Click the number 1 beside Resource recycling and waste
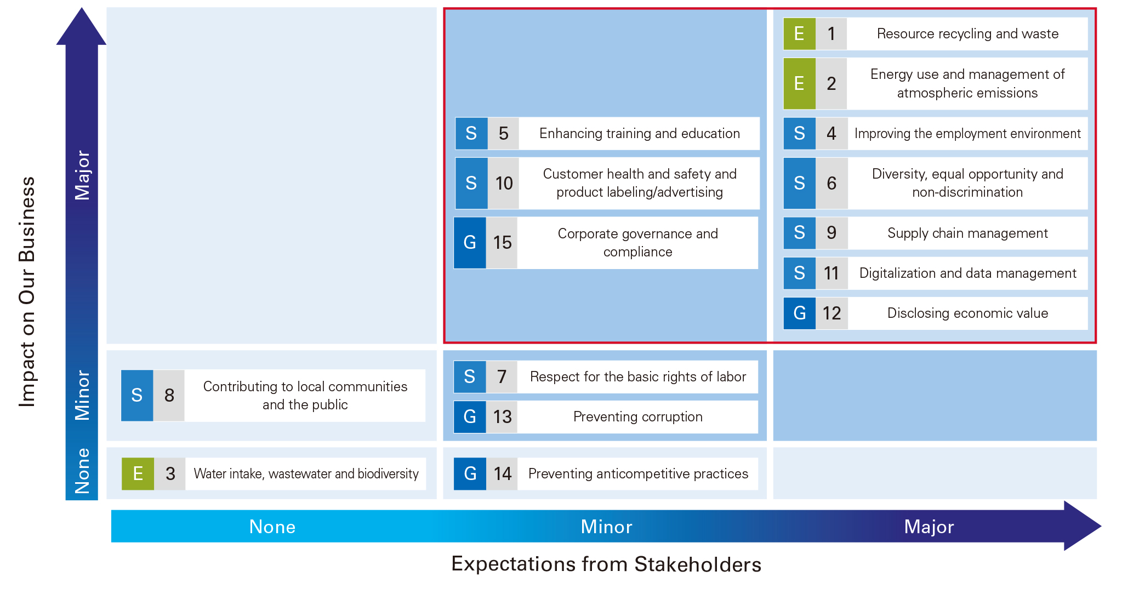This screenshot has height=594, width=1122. coord(831,34)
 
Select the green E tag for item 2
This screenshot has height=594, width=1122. coord(799,83)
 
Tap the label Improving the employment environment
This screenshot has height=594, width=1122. coord(967,133)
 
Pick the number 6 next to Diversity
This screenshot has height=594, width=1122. coord(831,183)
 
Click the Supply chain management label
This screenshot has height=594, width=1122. coord(967,233)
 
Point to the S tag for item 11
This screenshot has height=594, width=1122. coord(799,273)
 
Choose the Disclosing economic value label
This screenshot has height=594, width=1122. coord(967,313)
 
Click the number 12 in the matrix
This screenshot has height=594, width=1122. coord(831,313)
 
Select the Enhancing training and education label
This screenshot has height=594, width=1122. coord(639,133)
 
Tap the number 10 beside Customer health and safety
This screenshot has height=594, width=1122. coord(504,183)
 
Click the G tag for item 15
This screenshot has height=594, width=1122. coord(470,243)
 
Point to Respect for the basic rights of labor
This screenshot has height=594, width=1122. coord(638,376)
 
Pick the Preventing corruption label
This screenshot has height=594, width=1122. coord(638,416)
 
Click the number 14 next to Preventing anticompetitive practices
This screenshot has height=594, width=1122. coord(503,473)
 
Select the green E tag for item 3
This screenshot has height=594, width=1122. coord(138,473)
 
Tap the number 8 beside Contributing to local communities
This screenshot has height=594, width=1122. coord(169,395)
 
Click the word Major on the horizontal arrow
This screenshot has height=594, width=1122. coord(929,527)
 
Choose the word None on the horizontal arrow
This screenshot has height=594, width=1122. coord(272,527)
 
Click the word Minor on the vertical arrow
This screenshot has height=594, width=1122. coord(82,395)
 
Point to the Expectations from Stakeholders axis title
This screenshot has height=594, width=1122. coord(606,564)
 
